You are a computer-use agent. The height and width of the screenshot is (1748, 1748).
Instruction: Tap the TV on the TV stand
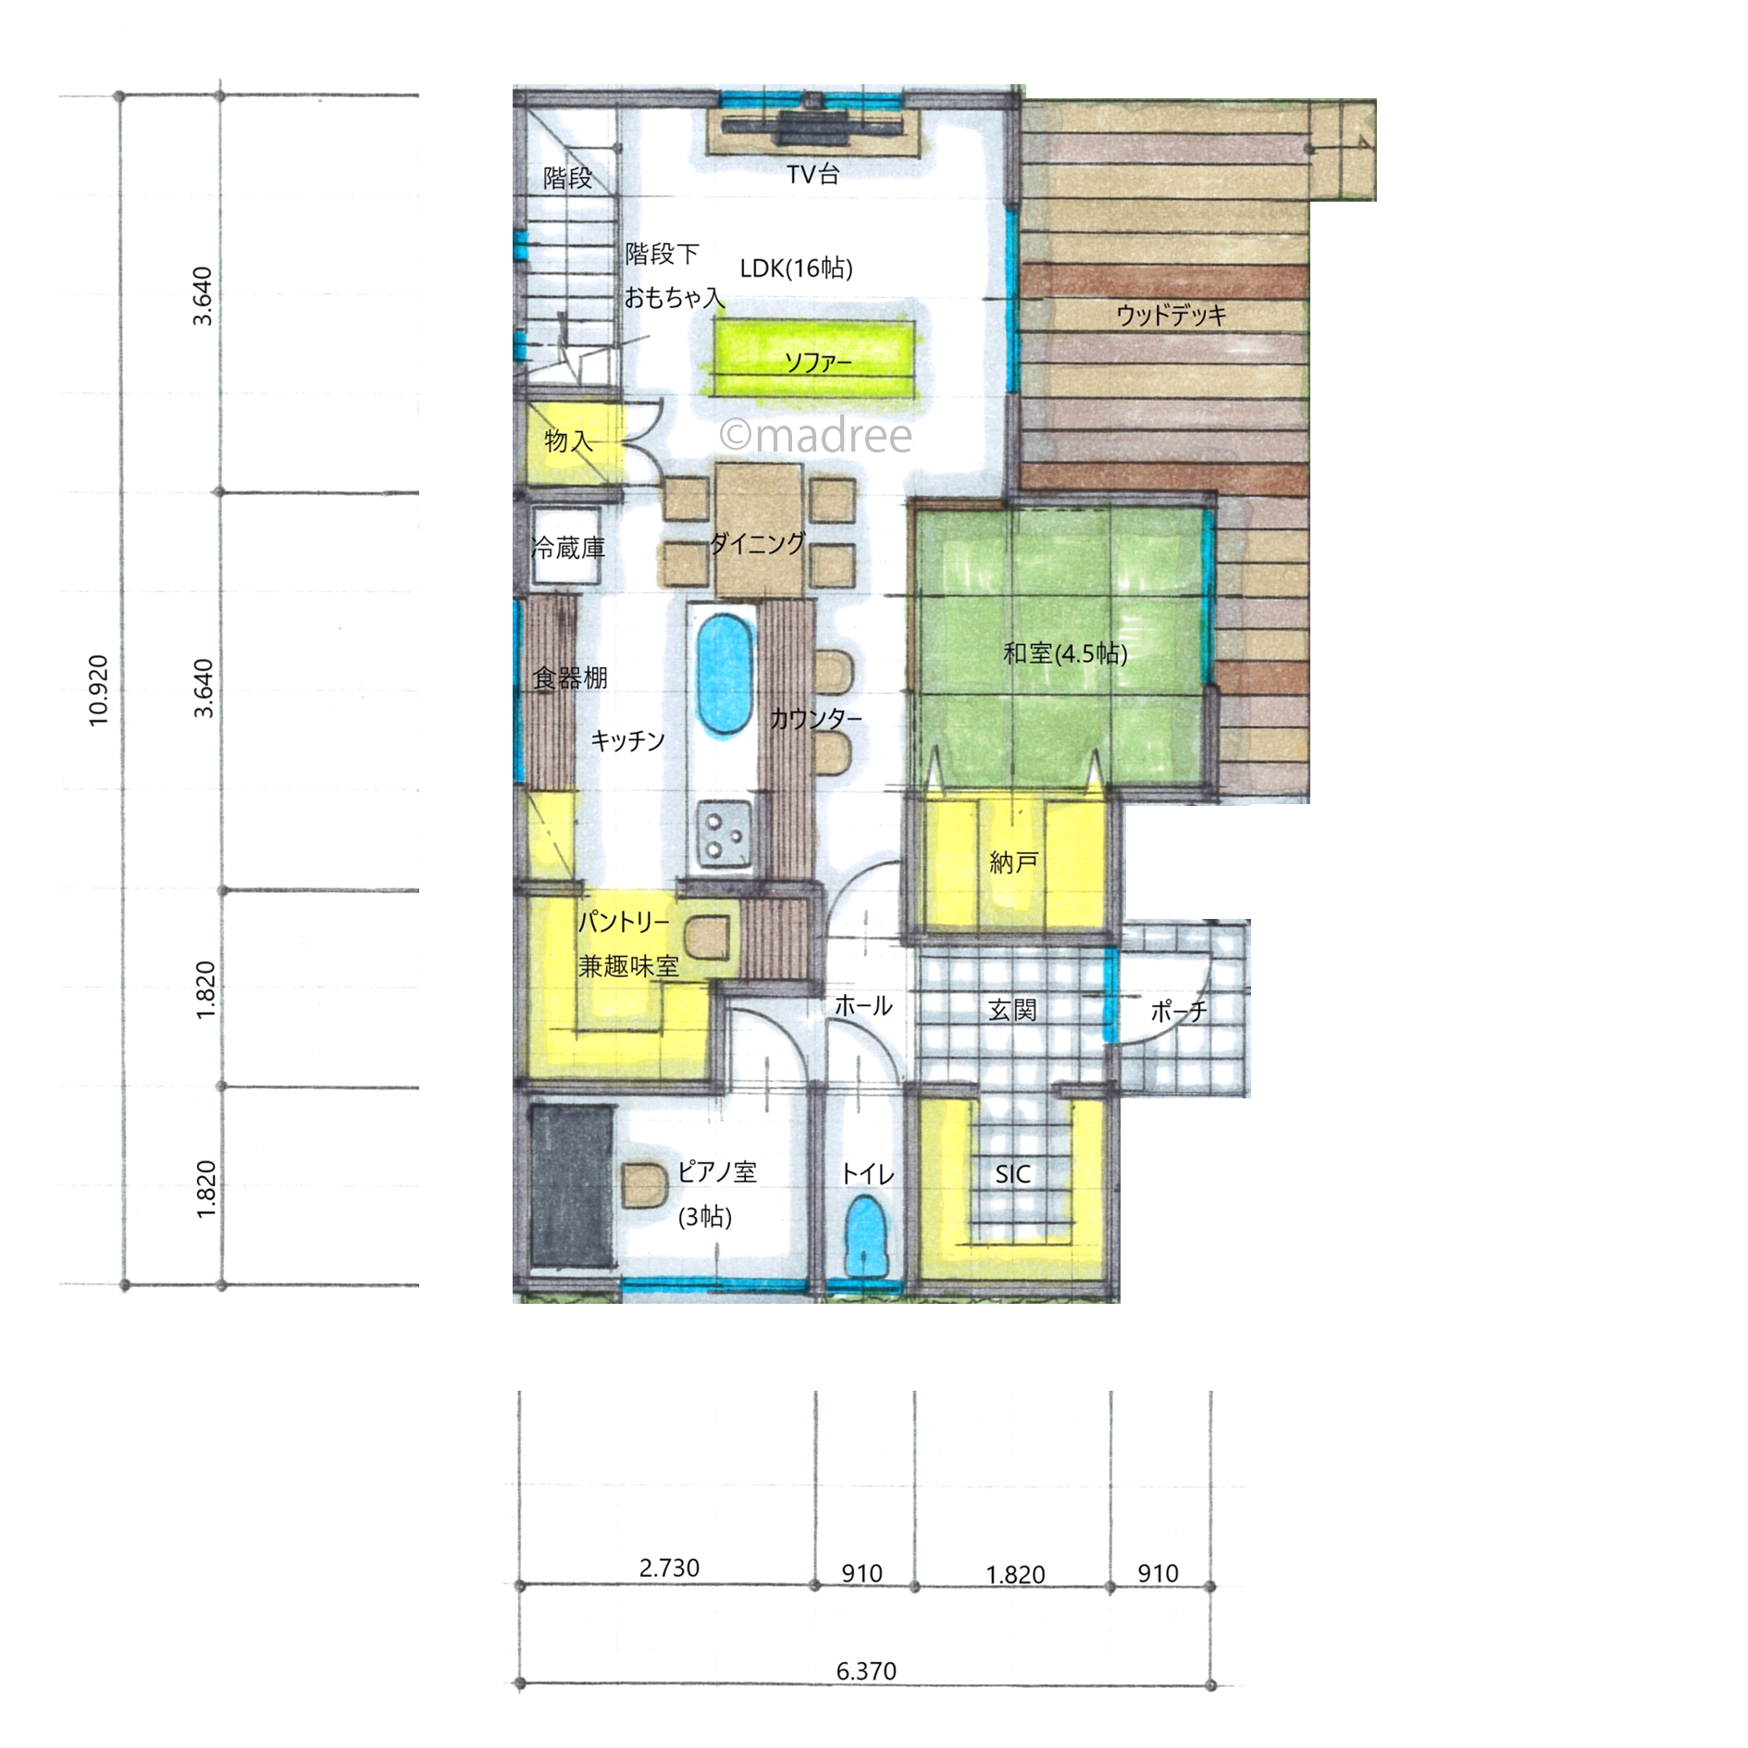(x=812, y=128)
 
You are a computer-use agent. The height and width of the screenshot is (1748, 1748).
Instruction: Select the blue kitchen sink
(x=723, y=675)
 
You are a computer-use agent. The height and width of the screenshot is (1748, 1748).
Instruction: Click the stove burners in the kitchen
(x=725, y=834)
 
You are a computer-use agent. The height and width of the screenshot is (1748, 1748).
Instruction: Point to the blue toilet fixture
(x=865, y=1236)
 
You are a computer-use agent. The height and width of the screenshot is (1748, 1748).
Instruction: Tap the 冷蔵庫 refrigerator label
(x=568, y=549)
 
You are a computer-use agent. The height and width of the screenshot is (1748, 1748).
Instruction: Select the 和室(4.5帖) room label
(x=1065, y=654)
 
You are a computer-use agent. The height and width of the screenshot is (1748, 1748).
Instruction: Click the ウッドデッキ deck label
(x=1171, y=315)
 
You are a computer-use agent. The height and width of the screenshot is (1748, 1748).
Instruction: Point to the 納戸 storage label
(x=1013, y=862)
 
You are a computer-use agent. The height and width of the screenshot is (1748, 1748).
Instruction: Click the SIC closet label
(x=1012, y=1174)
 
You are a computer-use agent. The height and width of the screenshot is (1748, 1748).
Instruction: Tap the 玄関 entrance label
(x=1011, y=1010)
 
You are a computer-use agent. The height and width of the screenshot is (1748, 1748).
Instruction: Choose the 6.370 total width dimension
(x=866, y=1671)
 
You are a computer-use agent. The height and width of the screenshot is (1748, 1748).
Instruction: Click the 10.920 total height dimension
(x=98, y=690)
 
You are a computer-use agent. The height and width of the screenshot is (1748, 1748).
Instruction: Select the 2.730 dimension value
(x=669, y=1568)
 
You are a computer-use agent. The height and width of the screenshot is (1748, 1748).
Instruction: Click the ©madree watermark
(x=815, y=435)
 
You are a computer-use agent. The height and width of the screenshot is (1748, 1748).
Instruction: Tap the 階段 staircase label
(x=567, y=178)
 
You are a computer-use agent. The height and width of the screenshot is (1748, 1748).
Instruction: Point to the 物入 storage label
(x=567, y=441)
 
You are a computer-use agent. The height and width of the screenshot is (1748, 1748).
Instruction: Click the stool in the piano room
(x=644, y=1185)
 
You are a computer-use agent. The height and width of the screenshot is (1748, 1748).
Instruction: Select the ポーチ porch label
(x=1179, y=1011)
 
